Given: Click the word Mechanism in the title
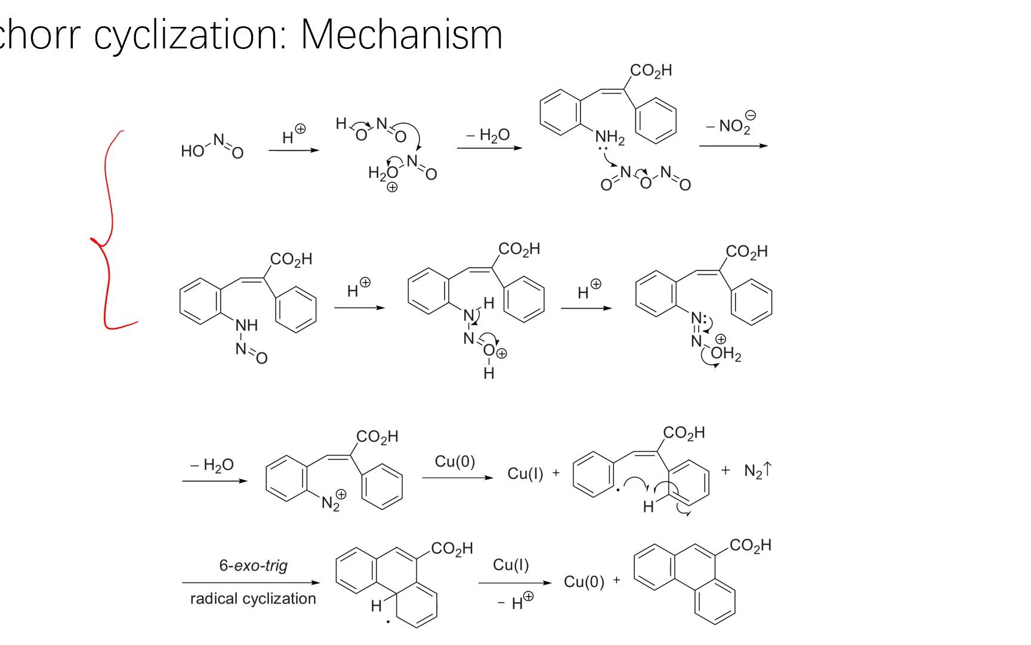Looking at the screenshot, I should point(401,35).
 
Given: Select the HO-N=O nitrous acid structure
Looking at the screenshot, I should point(212,147).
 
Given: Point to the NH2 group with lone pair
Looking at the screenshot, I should point(609,140).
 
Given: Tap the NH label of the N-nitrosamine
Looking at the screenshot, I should point(246,325).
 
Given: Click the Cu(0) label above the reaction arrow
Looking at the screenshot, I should point(455,461).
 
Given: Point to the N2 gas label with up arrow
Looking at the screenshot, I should point(757,471).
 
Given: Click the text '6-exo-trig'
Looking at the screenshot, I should point(254,565).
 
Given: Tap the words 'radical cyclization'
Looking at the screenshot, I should point(253,598).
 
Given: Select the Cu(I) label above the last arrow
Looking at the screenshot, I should point(511,565).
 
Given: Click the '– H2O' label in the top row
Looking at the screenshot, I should point(488,135).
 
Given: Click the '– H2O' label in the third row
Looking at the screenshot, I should point(212,465).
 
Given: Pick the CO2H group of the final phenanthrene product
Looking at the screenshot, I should point(750,545).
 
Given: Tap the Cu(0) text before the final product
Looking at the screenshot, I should point(584,582).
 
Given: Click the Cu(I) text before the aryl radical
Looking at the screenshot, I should point(525,474).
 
